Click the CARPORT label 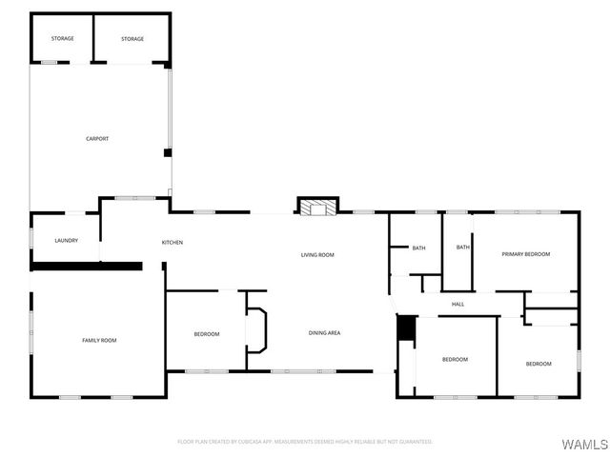[x=97, y=139]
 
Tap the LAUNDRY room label [x=66, y=241]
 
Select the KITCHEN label [x=173, y=243]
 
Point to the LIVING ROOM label [x=317, y=255]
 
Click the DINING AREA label [x=324, y=333]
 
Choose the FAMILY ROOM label [x=99, y=340]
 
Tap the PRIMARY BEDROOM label [x=526, y=254]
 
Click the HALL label [x=457, y=305]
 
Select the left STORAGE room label [x=63, y=39]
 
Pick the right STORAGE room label [x=132, y=39]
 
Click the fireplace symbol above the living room [x=317, y=207]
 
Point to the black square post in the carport [x=168, y=152]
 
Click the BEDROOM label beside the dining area [x=207, y=334]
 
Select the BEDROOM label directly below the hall [x=455, y=359]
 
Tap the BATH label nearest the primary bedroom [x=463, y=248]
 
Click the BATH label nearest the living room [x=418, y=248]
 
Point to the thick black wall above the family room [x=86, y=267]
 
